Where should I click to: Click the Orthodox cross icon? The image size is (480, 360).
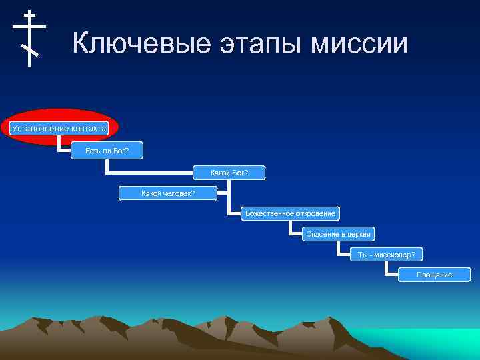[29, 38]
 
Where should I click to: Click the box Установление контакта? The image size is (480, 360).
[59, 127]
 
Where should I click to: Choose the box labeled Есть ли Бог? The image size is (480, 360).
[107, 151]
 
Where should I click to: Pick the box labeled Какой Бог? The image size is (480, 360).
[229, 173]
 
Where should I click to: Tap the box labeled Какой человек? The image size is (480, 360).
[168, 193]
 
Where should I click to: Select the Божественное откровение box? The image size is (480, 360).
[290, 213]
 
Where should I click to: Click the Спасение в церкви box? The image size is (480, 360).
[337, 234]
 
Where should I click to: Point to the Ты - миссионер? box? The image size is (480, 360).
[387, 255]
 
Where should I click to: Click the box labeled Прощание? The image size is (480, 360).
[434, 275]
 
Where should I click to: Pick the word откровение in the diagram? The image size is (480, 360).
[313, 213]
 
